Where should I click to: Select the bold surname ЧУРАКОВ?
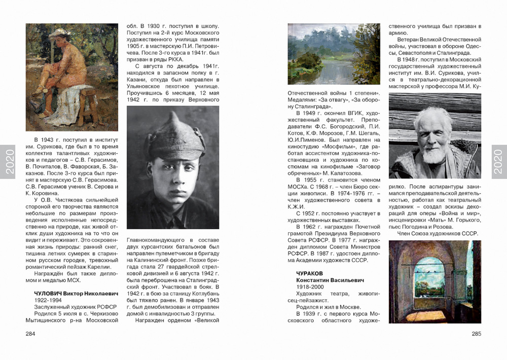pos(310,273)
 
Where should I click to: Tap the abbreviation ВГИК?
pos(338,113)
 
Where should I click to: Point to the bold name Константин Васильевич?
pos(330,280)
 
